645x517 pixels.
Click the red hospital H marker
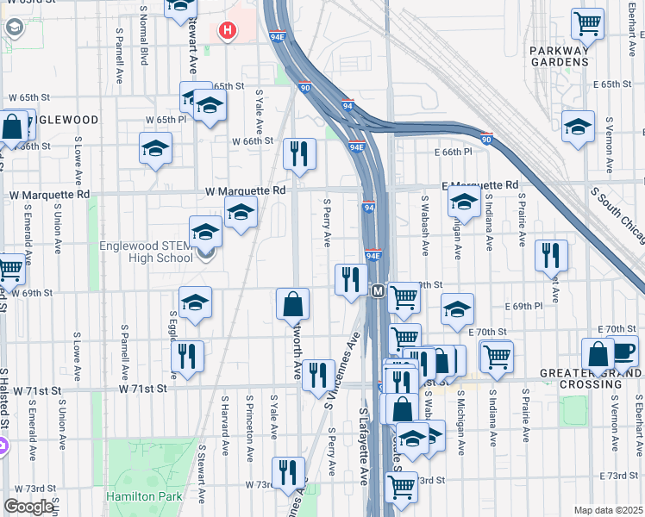(x=227, y=31)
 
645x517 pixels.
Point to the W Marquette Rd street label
(x=245, y=190)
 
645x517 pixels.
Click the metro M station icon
(x=378, y=292)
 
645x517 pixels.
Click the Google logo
(x=28, y=507)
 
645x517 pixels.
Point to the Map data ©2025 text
(x=608, y=510)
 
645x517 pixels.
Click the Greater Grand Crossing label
(x=590, y=379)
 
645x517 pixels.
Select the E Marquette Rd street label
(x=479, y=185)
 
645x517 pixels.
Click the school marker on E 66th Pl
(x=578, y=127)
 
